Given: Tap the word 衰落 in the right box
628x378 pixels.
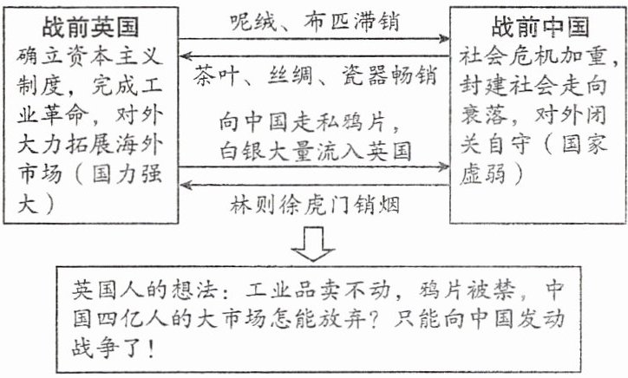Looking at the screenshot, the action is (485, 113).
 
